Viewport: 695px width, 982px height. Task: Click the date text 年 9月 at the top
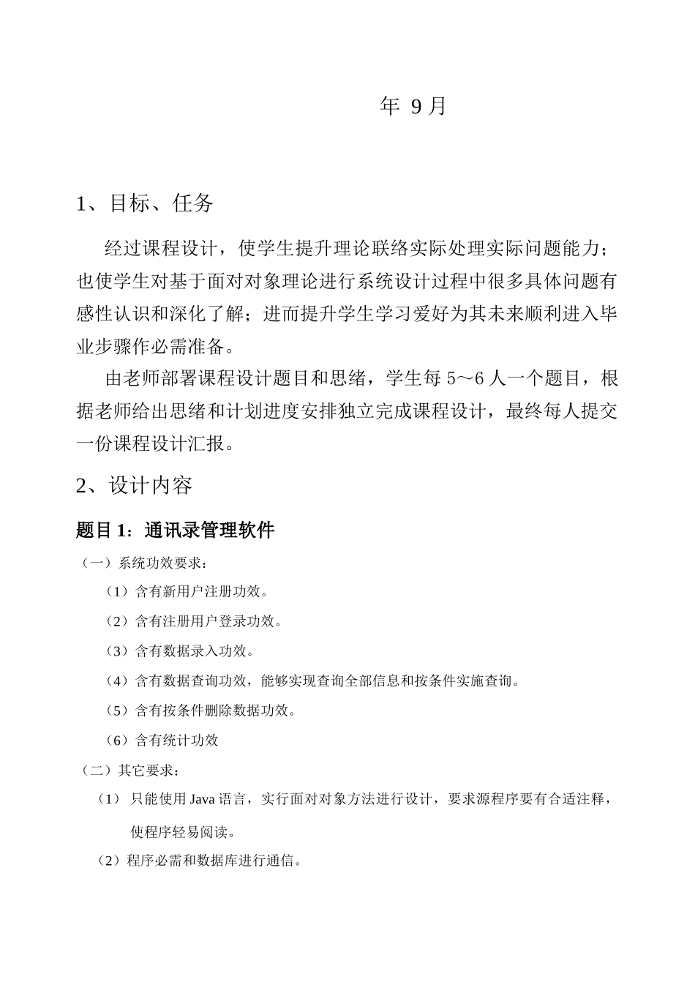[413, 107]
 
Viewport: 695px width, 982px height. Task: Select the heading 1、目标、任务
[145, 203]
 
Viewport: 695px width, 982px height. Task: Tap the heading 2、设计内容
[135, 485]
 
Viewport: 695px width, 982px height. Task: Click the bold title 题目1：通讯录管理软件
[175, 530]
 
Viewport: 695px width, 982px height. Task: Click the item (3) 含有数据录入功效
[179, 651]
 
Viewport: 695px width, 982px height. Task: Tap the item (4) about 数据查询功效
[313, 681]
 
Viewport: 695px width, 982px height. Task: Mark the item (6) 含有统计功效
[162, 741]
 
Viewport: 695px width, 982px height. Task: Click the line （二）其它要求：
[129, 771]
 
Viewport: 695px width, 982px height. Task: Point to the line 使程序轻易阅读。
[183, 832]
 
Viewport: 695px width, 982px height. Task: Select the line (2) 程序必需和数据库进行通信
[200, 861]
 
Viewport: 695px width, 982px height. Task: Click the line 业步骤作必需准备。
[157, 345]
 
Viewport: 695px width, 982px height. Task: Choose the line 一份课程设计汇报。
[157, 443]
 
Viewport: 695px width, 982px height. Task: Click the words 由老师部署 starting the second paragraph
[150, 379]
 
